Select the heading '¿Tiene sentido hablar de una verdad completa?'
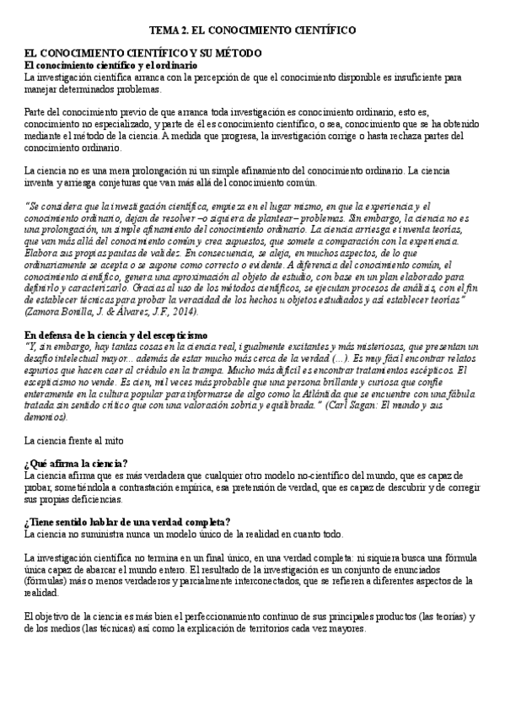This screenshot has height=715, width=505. coord(127,522)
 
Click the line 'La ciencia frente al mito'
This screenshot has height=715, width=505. coord(74,439)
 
